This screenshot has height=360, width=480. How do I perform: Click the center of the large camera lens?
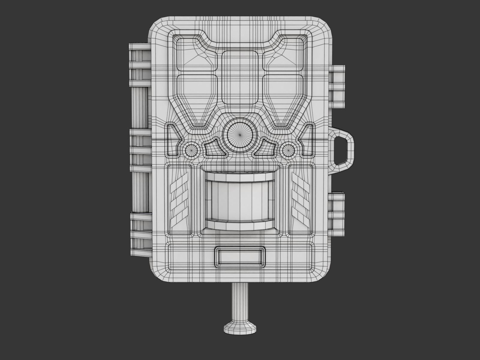[x=240, y=135]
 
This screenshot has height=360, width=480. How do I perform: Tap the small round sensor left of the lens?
[x=191, y=149]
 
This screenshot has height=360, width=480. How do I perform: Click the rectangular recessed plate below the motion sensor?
[x=240, y=257]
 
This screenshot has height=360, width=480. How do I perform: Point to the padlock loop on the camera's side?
[x=343, y=147]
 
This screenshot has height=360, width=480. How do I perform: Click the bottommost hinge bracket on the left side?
[x=140, y=231]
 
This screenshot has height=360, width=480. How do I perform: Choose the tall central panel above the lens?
[x=240, y=77]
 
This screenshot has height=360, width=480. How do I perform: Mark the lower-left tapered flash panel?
[x=196, y=99]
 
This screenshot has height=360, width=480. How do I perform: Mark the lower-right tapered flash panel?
[x=283, y=99]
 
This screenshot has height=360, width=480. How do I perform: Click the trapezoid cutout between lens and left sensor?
[x=215, y=149]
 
